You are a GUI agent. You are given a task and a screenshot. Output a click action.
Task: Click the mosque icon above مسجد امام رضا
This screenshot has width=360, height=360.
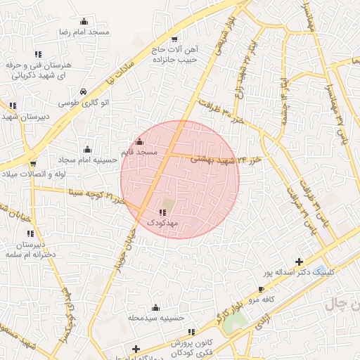84,21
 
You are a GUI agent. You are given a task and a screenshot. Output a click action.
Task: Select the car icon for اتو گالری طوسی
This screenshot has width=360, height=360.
84,91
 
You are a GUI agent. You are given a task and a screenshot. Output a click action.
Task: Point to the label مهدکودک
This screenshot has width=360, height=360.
163,222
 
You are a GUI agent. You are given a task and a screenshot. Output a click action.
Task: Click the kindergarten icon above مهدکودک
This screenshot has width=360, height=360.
163,212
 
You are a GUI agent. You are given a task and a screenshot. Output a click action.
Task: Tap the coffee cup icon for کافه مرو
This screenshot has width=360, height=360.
262,289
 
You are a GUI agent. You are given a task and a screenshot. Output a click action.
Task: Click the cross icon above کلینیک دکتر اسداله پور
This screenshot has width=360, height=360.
300,262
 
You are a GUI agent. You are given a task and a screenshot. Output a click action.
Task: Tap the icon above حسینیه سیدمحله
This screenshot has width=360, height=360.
155,308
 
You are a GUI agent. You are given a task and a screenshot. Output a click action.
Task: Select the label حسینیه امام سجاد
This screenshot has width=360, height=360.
87,160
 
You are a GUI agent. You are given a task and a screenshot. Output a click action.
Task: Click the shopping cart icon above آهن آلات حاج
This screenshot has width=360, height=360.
174,39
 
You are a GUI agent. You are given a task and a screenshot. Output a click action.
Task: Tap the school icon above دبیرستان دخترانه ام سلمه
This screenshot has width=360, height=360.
30,233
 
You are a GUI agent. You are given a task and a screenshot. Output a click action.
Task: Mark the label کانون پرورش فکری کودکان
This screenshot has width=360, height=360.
191,345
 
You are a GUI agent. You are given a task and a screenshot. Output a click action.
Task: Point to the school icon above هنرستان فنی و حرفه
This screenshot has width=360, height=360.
39,54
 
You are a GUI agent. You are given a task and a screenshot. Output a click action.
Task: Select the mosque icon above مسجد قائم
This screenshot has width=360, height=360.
139,142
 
